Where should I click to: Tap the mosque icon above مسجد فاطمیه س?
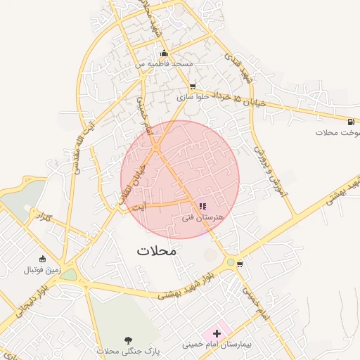tap(164, 53)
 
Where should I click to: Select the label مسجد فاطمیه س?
tap(165, 64)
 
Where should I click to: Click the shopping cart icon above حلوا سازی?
tap(191, 87)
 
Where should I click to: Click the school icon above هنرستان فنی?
tap(202, 206)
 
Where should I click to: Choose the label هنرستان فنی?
tap(202, 217)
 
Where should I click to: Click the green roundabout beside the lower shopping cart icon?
tap(231, 262)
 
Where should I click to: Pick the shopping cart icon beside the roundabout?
tap(240, 264)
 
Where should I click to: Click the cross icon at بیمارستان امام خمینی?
tap(217, 333)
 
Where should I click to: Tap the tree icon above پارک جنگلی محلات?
tap(128, 340)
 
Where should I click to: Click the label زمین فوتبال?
tap(43, 270)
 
